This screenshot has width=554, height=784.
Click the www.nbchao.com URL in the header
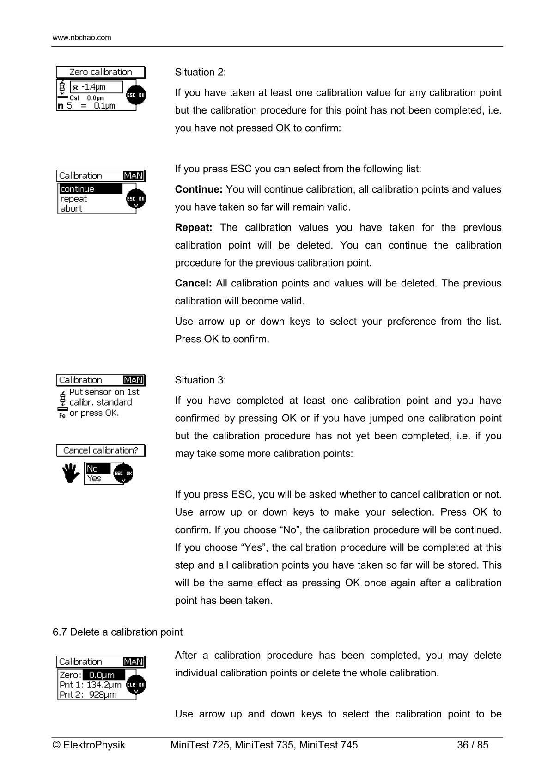[82, 38]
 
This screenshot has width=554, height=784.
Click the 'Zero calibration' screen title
[100, 72]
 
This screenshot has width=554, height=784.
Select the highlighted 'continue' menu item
[90, 189]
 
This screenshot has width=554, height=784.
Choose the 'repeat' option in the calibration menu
[74, 199]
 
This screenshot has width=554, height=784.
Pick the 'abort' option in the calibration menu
[72, 209]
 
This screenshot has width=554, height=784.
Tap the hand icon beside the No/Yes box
[70, 474]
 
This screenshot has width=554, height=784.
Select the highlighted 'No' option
[97, 469]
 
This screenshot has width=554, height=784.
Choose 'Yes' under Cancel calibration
[94, 479]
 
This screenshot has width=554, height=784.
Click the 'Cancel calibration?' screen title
[100, 450]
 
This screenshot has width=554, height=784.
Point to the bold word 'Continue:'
[199, 189]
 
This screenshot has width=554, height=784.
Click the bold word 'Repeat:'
[193, 228]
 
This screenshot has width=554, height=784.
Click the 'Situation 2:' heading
[200, 73]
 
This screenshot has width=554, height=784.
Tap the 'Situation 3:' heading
[200, 380]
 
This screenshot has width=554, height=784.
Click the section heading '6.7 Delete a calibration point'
[117, 632]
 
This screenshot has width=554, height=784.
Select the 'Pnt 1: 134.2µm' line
[90, 685]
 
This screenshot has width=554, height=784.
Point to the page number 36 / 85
[472, 745]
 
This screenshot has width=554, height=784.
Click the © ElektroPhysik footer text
[89, 745]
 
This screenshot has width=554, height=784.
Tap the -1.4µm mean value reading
[96, 87]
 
